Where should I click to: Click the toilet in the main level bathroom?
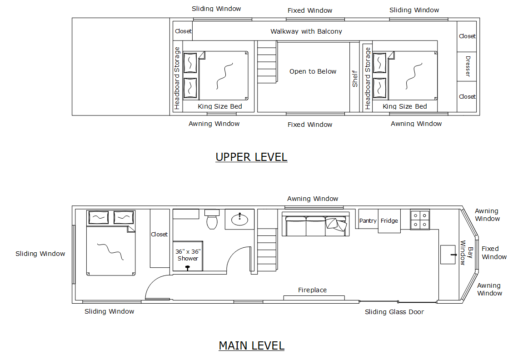[x=212, y=220]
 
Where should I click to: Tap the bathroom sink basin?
[x=239, y=220]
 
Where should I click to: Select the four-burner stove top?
[x=419, y=219]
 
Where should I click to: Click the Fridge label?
[x=389, y=221]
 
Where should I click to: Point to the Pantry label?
[x=368, y=221]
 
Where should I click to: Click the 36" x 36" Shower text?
[x=188, y=255]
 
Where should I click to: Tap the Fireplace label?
[x=312, y=290]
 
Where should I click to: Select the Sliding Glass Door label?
[x=394, y=312]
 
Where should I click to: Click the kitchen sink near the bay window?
[x=448, y=255]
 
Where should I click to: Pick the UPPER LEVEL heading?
[x=251, y=157]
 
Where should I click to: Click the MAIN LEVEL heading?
[x=251, y=345]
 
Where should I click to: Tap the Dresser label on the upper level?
[x=468, y=66]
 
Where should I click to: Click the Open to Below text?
[x=313, y=71]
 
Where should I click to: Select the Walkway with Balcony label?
[x=306, y=31]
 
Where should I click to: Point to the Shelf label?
[x=355, y=78]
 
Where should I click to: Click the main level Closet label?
[x=159, y=235]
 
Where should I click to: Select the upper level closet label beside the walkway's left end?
[x=183, y=31]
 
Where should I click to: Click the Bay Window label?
[x=467, y=253]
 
